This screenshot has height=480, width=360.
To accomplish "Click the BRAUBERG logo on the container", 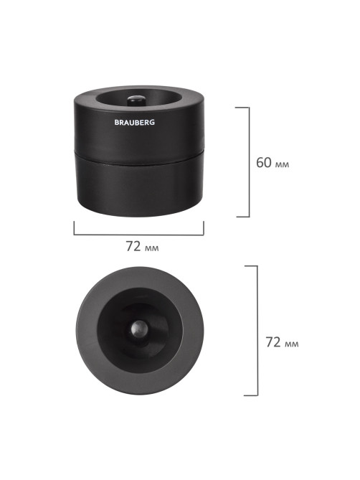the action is pos(135,122).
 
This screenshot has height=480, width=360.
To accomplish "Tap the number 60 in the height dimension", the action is pos(264,163).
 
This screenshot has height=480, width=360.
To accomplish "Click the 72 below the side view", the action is pos(133,246).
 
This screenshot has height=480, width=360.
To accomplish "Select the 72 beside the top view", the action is pos(273,342).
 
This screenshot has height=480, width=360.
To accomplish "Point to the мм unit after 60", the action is pos(282,165).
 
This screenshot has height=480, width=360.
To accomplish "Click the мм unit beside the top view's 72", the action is pos(291,344).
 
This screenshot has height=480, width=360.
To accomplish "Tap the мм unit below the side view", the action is pos(151,248).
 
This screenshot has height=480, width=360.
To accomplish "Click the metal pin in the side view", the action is pos(136,100).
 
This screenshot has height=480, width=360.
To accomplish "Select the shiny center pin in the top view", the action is pos(139,329).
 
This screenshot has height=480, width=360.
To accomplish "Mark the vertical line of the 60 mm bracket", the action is pos(249,162).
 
